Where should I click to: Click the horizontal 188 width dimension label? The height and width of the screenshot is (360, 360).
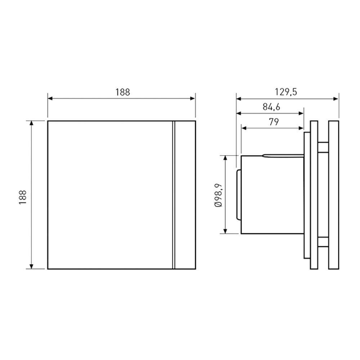[x=122, y=92]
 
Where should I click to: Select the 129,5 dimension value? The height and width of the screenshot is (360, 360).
[x=287, y=92]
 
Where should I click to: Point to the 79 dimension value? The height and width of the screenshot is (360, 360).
[x=274, y=122]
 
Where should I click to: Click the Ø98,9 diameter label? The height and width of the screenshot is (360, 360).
[x=218, y=195]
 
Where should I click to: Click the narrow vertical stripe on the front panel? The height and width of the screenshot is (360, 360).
[x=174, y=195]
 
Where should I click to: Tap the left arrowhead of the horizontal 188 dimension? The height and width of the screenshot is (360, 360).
[x=50, y=98]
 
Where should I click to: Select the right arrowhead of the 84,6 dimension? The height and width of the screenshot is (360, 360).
[x=302, y=113]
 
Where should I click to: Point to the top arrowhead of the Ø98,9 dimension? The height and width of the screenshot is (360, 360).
[x=226, y=158]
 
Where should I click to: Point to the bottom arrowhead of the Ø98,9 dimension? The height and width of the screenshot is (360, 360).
[x=226, y=231]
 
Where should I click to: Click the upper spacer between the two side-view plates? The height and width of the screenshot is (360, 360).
[x=323, y=148]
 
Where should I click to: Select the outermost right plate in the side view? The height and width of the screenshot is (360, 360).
[x=334, y=195]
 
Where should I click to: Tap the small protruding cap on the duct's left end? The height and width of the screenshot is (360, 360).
[x=238, y=195]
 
